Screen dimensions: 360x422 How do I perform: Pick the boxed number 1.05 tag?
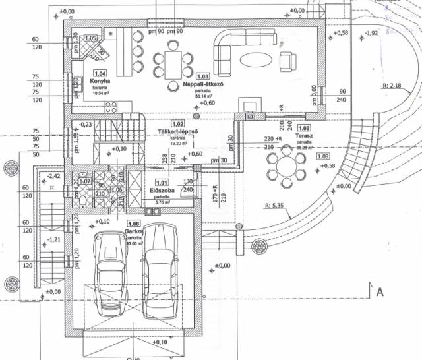pos(90,38)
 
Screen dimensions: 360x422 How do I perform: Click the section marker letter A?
pos(378,291)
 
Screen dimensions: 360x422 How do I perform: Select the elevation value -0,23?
pos(85,124)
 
